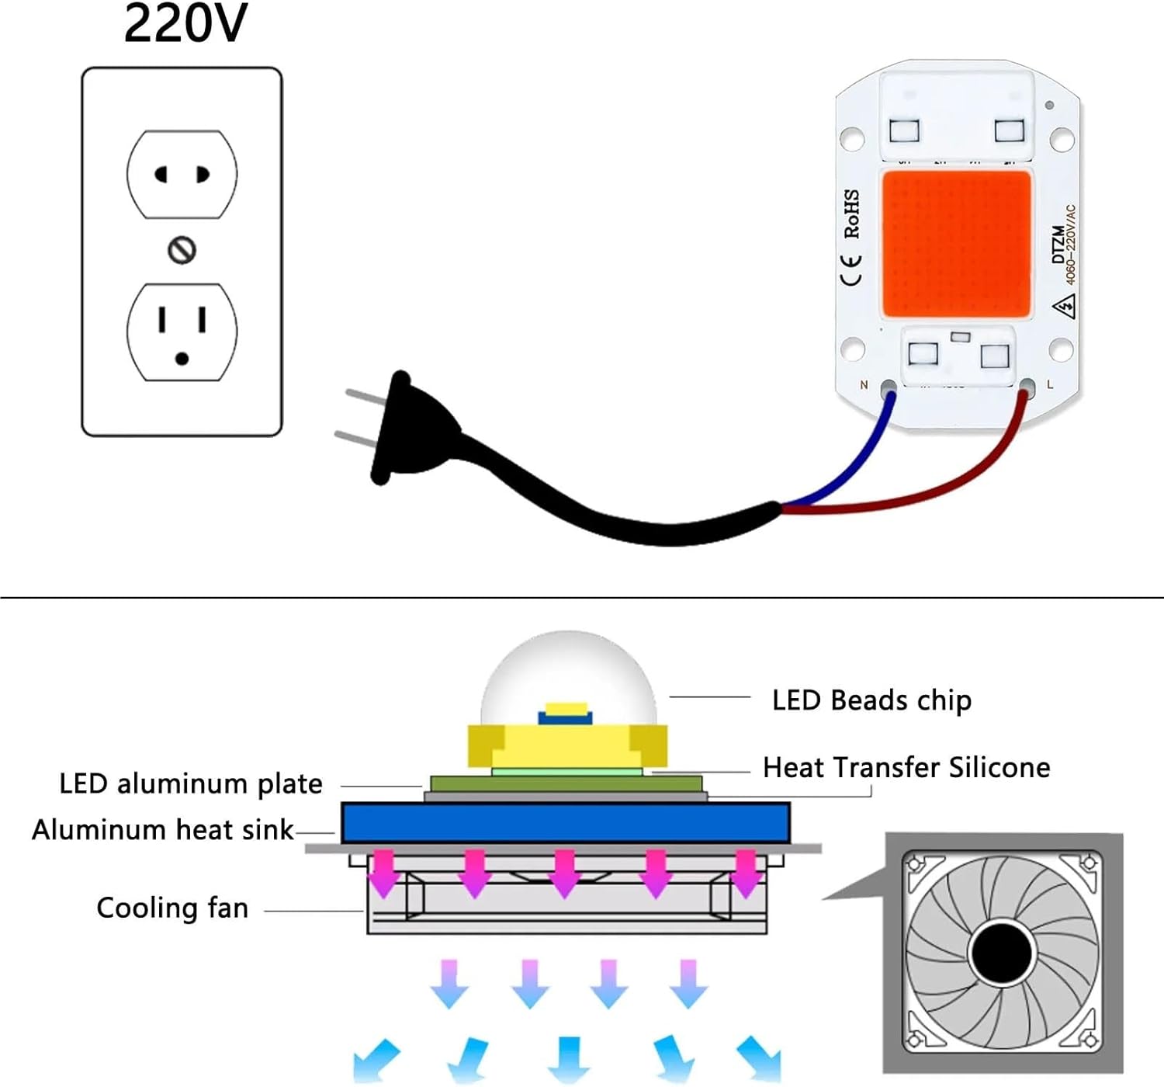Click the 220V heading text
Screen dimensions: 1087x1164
pos(185,23)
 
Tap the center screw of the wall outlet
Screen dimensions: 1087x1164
pos(182,250)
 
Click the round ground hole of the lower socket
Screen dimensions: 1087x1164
pos(182,359)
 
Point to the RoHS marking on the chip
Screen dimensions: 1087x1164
pos(852,214)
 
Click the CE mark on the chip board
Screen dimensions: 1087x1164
pos(852,270)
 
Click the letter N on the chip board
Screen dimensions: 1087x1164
pos(864,385)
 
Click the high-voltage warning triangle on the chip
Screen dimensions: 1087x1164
pos(1064,307)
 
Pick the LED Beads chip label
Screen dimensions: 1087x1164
pos(871,700)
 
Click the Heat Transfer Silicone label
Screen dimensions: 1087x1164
pos(906,768)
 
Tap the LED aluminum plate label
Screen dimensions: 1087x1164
pos(191,784)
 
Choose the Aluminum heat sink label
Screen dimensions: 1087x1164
pos(163,830)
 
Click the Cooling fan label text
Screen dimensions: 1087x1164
pos(172,908)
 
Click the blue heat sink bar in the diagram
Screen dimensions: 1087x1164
pos(566,823)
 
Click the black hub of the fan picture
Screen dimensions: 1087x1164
pos(1002,951)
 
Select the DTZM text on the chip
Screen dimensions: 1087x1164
pos(1058,245)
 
